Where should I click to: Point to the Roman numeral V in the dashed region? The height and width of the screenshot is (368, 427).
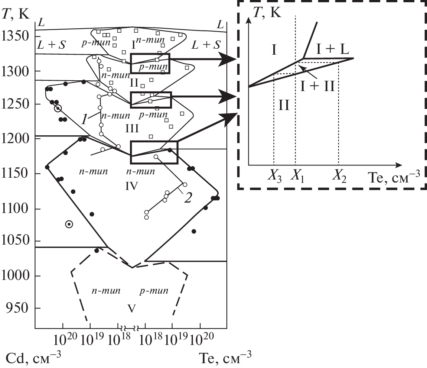click(x=131, y=308)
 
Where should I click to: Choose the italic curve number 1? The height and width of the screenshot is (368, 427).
click(x=85, y=120)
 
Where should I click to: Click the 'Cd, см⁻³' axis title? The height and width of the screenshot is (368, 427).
click(x=34, y=358)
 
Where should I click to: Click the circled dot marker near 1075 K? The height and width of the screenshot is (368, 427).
click(x=69, y=224)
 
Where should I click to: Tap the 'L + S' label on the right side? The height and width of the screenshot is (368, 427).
click(x=206, y=45)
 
